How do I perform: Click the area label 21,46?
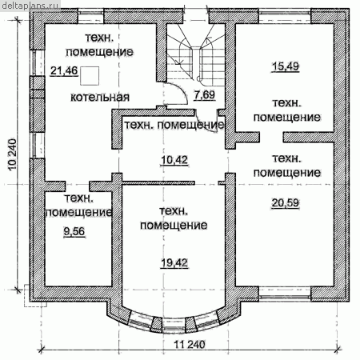[64, 70]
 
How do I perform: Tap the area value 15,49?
[286, 66]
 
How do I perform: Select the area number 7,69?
[205, 95]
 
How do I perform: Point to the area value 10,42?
[174, 160]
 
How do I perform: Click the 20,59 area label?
[286, 203]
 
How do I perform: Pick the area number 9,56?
[74, 231]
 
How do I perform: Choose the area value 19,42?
[174, 263]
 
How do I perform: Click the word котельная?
[100, 97]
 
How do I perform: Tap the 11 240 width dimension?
[190, 345]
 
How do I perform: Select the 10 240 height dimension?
[13, 154]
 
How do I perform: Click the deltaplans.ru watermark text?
[30, 5]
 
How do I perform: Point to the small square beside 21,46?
[90, 76]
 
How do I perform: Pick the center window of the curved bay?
[174, 326]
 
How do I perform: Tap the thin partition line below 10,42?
[158, 183]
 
